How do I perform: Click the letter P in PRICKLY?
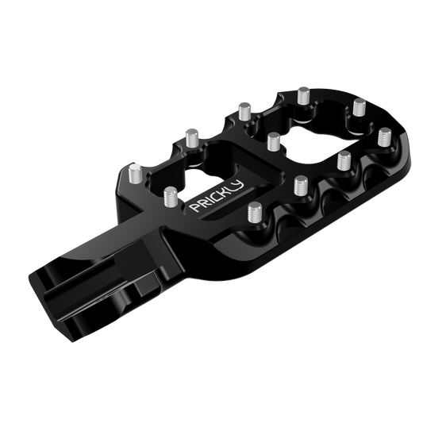click(195, 206)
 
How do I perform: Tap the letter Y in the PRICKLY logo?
click(238, 185)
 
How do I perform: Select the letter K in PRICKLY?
click(224, 191)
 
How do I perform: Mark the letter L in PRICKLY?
click(231, 188)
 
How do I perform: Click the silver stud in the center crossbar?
click(274, 141)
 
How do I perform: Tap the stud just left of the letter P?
click(171, 197)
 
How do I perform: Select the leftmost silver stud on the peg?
click(136, 174)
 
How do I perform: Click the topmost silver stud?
click(304, 95)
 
